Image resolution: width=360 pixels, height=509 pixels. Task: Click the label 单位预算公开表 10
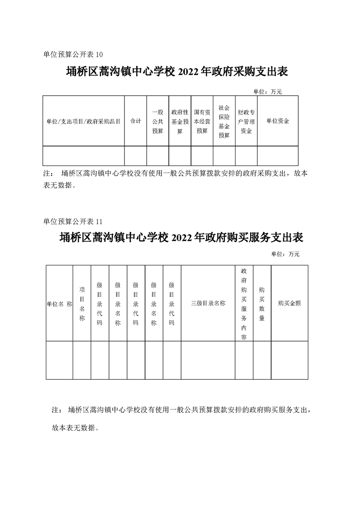pyautogui.click(x=73, y=54)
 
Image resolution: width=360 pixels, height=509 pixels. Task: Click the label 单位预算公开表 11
pyautogui.click(x=73, y=221)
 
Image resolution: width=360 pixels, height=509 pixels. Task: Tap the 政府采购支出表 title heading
pyautogui.click(x=178, y=72)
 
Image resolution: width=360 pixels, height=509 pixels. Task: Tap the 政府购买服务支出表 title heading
pyautogui.click(x=181, y=238)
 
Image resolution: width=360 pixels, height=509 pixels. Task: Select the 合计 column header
pyautogui.click(x=135, y=121)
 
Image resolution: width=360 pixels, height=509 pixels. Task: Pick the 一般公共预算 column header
pyautogui.click(x=158, y=121)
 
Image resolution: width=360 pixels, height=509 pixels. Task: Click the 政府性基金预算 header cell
pyautogui.click(x=180, y=121)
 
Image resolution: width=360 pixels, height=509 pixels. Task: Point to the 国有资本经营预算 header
pyautogui.click(x=202, y=121)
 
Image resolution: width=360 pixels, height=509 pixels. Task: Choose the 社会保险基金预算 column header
pyautogui.click(x=224, y=121)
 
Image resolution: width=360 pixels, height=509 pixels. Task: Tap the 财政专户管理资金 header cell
pyautogui.click(x=246, y=121)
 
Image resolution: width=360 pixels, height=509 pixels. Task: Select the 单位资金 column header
pyautogui.click(x=277, y=121)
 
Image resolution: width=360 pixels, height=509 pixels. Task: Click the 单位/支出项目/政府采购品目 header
pyautogui.click(x=84, y=121)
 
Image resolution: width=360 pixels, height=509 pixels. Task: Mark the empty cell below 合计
pyautogui.click(x=135, y=156)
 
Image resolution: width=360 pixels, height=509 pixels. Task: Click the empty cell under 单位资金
pyautogui.click(x=277, y=156)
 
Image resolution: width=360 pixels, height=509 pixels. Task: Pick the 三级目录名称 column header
pyautogui.click(x=208, y=303)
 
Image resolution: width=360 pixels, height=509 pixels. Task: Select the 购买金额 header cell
pyautogui.click(x=289, y=303)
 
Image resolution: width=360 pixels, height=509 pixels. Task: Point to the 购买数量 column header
pyautogui.click(x=262, y=303)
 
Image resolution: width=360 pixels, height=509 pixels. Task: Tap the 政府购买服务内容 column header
pyautogui.click(x=244, y=303)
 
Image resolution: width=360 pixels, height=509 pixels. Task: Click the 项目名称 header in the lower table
pyautogui.click(x=82, y=303)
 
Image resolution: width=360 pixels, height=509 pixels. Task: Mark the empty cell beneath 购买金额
pyautogui.click(x=289, y=360)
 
